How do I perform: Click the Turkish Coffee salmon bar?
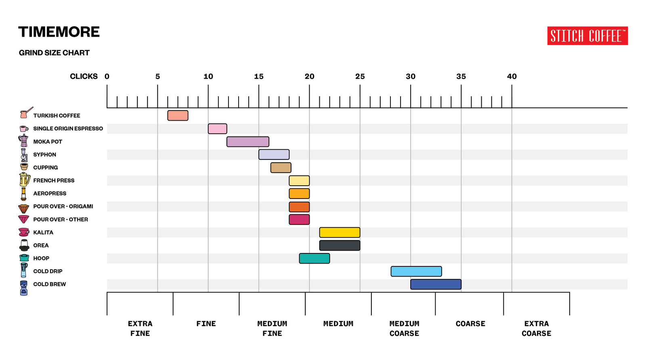[x=178, y=115]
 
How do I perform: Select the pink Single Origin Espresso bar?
[x=217, y=129]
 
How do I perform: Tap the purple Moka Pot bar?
[x=247, y=142]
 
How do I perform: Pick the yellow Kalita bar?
[x=340, y=232]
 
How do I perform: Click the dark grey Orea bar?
[x=340, y=245]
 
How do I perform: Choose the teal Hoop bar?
[x=314, y=258]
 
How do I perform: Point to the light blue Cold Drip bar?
[x=416, y=271]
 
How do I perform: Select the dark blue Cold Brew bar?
[x=436, y=284]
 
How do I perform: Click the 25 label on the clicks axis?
[x=360, y=76]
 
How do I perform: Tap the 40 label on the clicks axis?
[x=512, y=76]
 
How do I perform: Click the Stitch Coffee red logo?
[x=587, y=36]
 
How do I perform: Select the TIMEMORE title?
[x=59, y=32]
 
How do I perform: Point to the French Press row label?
[x=54, y=180]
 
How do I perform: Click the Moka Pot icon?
[x=23, y=141]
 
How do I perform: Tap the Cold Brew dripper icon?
[x=24, y=288]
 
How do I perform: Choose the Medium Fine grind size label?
[x=272, y=329]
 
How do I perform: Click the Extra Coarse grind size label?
[x=536, y=329]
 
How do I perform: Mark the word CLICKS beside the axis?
[x=84, y=76]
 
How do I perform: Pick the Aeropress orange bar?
[x=299, y=194]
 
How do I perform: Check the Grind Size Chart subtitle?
[x=54, y=53]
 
